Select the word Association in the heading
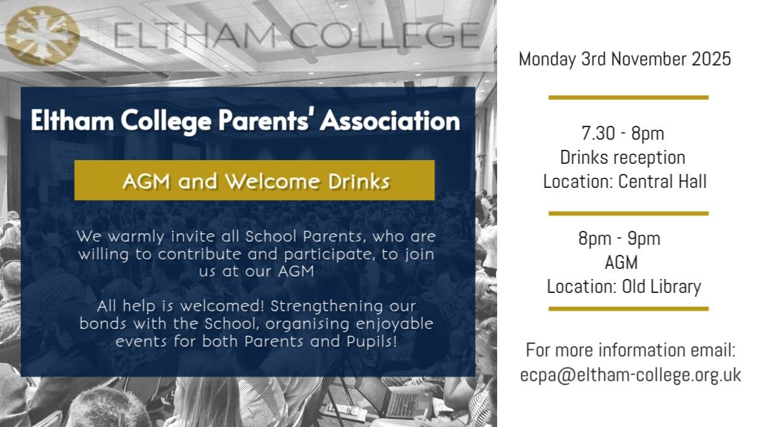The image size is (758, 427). [390, 121]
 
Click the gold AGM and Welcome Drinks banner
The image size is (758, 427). [255, 181]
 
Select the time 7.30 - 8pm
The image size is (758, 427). [623, 134]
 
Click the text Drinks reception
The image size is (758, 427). [623, 158]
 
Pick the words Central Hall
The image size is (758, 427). [662, 182]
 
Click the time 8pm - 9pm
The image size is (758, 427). [619, 239]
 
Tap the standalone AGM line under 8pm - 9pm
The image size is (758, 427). [622, 263]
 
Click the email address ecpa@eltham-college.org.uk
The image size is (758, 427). [630, 374]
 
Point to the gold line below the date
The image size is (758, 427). [629, 97]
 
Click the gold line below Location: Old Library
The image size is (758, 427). [629, 309]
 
